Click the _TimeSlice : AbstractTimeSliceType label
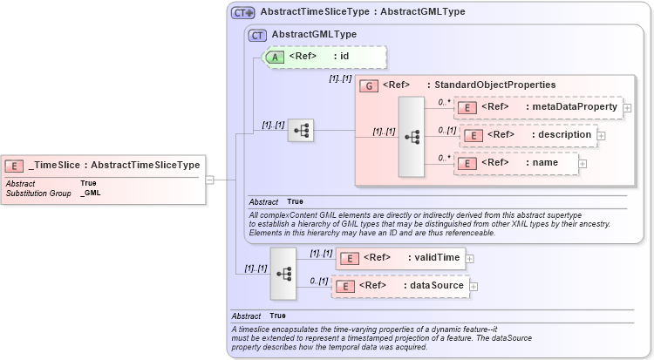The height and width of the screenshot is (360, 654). tap(114, 165)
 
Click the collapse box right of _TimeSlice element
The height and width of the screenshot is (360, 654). tap(209, 180)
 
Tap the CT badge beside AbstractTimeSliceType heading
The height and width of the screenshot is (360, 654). tap(242, 13)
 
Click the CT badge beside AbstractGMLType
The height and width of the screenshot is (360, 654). tap(257, 35)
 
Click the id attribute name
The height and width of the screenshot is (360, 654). tap(344, 57)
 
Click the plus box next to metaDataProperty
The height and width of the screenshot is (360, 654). tap(627, 107)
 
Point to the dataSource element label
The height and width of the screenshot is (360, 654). tap(437, 285)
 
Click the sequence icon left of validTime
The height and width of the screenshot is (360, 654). tap(283, 272)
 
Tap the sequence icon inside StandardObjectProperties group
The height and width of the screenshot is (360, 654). tap(411, 138)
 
